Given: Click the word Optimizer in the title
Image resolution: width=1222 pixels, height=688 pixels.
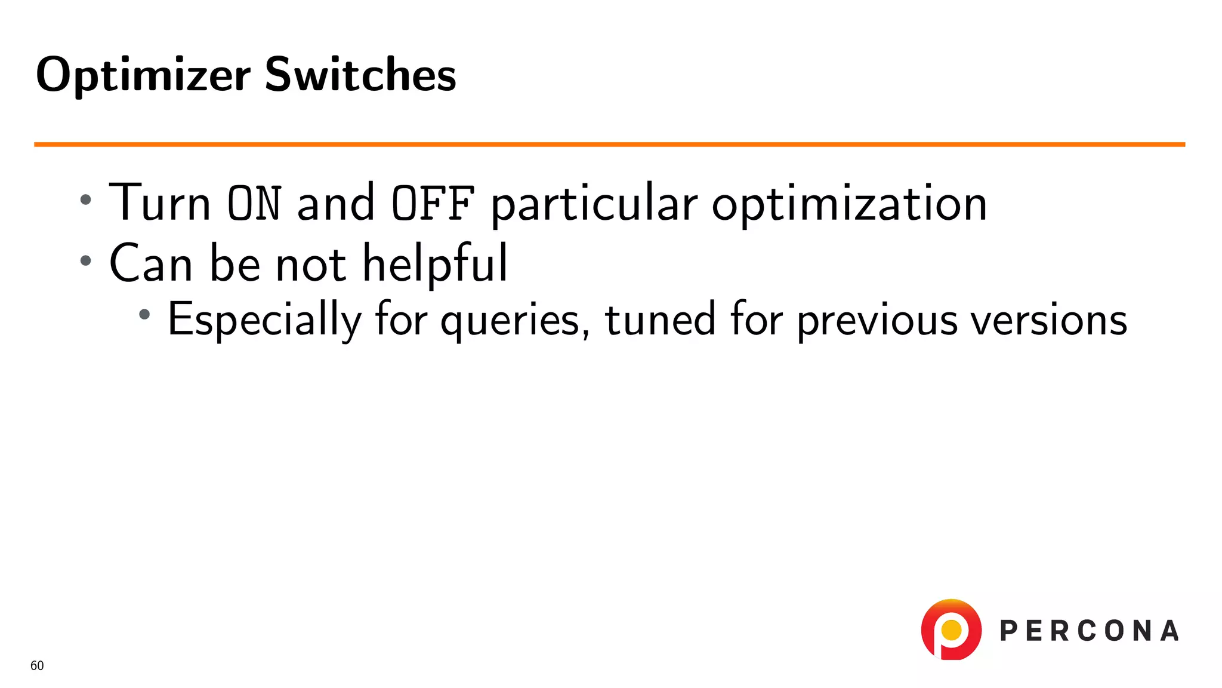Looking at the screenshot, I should pos(143,76).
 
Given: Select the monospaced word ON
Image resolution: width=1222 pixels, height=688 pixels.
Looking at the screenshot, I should pos(254,204).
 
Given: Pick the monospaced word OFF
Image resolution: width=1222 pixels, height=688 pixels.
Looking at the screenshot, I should pos(433,204).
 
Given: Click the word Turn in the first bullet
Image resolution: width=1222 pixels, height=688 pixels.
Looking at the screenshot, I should pos(160,203).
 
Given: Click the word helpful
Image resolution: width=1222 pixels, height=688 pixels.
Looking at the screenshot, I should pos(435,263).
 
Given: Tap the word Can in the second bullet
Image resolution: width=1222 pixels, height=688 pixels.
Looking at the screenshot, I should pos(151,263).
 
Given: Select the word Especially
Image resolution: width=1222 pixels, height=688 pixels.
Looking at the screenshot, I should pos(264,320).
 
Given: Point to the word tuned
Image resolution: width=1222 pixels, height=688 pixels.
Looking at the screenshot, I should pos(660,320).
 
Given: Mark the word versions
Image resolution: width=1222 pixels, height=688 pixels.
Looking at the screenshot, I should pos(1048,320).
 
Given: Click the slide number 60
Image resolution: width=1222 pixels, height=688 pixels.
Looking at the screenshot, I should pos(37,666).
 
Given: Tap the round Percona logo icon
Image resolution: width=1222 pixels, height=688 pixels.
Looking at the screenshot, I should pos(951,629).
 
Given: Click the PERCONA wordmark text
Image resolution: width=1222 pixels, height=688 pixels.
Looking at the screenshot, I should pos(1089,631).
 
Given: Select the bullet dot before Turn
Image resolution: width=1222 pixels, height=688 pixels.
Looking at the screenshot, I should pos(86,200).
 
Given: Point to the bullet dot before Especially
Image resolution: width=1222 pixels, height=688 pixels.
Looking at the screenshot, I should pos(144,314).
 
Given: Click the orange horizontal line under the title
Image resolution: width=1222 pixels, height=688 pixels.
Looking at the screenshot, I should pos(609,145).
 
